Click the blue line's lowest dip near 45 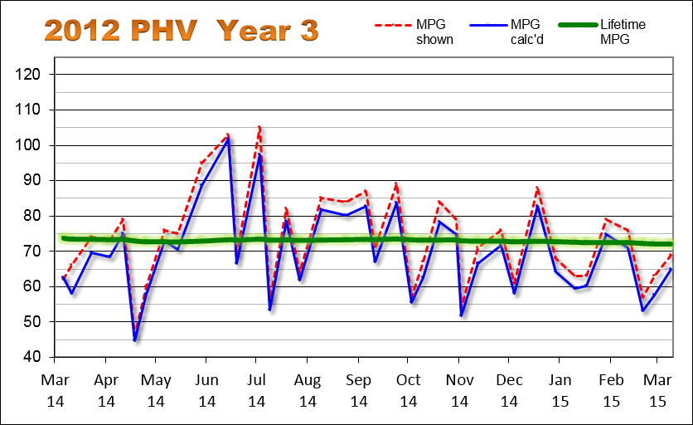click(134, 340)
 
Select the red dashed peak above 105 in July click(259, 126)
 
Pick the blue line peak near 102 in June click(228, 139)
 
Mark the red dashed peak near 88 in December click(537, 188)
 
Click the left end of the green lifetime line click(63, 238)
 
